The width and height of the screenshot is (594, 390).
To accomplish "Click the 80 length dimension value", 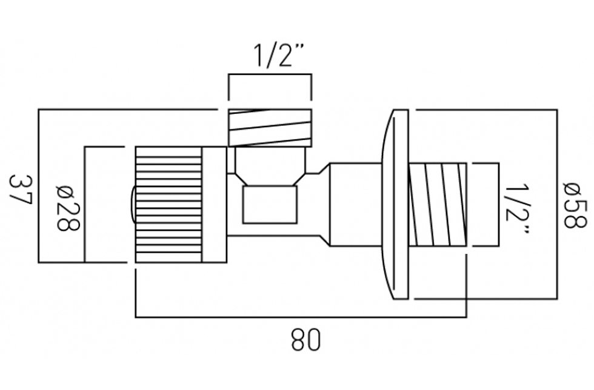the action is click(x=305, y=340).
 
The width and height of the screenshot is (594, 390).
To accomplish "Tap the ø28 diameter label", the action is click(x=68, y=208).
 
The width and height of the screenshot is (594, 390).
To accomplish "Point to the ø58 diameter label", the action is click(x=575, y=205).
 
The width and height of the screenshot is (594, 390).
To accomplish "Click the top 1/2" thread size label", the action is click(x=278, y=55).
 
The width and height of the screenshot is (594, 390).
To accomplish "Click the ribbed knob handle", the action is click(x=169, y=205).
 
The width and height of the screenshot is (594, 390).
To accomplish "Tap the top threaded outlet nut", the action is click(x=270, y=128).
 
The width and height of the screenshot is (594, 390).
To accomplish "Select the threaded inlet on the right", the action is click(x=438, y=205).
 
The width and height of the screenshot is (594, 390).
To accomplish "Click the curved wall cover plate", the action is click(x=395, y=205).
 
